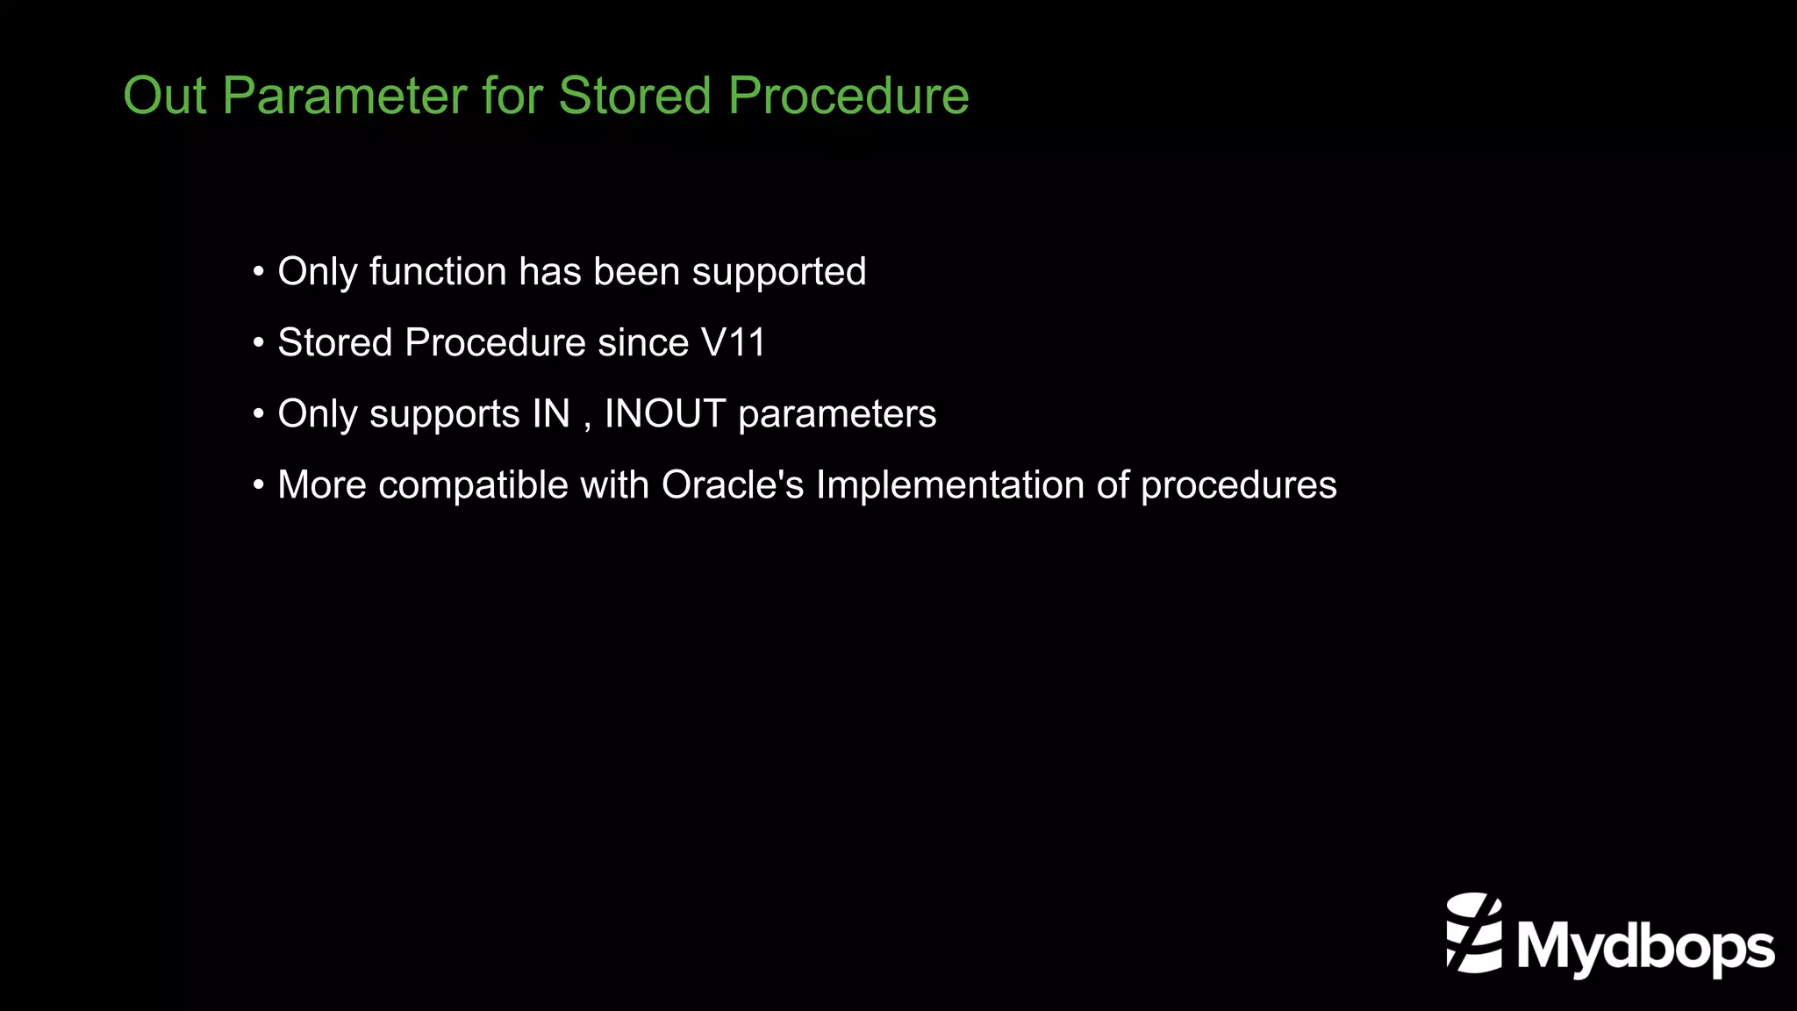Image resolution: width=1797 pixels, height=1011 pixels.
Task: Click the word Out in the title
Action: [165, 96]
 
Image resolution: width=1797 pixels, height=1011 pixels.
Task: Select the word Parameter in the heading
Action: [344, 96]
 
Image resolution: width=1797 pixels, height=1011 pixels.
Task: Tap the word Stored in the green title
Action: [634, 96]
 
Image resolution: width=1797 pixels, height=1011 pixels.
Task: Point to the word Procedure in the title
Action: [848, 96]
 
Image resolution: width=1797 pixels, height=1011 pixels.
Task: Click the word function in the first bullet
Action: [438, 272]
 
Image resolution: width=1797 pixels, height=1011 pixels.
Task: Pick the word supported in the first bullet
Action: [778, 272]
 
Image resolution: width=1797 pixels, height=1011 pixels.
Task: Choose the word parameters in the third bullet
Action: [837, 414]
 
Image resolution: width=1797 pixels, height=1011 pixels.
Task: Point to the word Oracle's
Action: [733, 485]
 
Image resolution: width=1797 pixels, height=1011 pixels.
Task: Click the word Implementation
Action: [949, 485]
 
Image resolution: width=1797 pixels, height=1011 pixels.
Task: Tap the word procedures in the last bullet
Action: [1238, 485]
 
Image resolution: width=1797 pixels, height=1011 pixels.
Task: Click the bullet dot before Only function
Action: [258, 272]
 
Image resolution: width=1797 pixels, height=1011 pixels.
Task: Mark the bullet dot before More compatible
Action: [258, 485]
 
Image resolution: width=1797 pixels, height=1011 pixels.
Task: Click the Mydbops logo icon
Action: [1474, 933]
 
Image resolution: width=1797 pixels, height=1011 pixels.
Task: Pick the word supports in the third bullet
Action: [444, 414]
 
